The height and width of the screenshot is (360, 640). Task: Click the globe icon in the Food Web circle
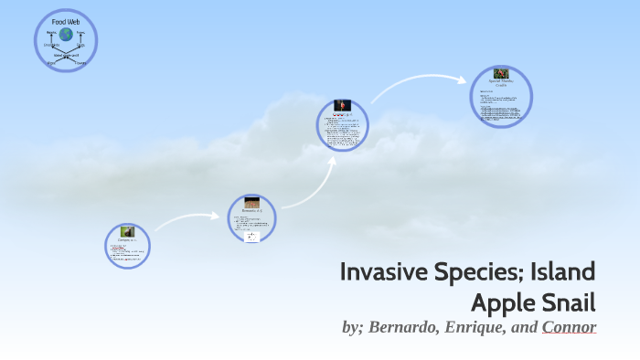[x=66, y=35]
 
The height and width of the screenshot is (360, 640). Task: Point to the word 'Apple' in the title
[x=506, y=302]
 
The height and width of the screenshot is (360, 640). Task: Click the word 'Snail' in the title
[x=571, y=302]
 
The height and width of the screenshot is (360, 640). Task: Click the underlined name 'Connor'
[x=569, y=327]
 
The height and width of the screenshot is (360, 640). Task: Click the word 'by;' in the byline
[x=351, y=327]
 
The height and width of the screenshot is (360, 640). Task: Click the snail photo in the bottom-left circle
[x=126, y=232]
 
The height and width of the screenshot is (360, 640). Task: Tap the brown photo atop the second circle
[x=251, y=203]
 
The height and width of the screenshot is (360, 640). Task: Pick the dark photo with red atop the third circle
[x=343, y=106]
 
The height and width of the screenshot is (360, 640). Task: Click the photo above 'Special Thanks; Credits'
[x=501, y=74]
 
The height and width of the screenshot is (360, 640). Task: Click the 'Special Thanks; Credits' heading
[x=501, y=83]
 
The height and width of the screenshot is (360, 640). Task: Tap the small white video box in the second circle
[x=251, y=236]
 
